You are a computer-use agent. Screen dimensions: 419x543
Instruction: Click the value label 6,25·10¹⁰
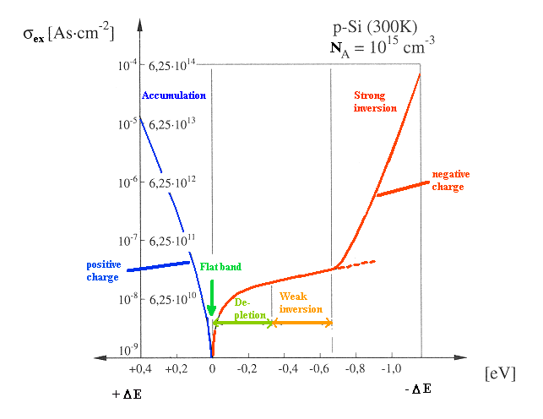tap(172, 300)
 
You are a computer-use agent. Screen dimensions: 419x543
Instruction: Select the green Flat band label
tap(220, 267)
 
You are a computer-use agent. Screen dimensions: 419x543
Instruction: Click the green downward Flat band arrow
tap(211, 299)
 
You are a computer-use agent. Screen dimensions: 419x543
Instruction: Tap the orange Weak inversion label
tap(301, 302)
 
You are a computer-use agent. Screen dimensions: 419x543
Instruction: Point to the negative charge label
tap(450, 180)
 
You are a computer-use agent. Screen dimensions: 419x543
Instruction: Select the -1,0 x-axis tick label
tap(391, 370)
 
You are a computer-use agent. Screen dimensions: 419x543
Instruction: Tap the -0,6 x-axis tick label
tap(319, 370)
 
